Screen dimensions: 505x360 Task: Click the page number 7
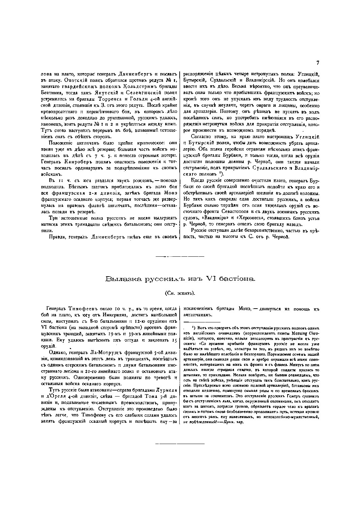coord(318,62)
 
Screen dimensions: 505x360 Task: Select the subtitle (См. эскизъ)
coord(180,293)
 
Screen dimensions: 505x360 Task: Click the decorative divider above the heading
coord(180,257)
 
